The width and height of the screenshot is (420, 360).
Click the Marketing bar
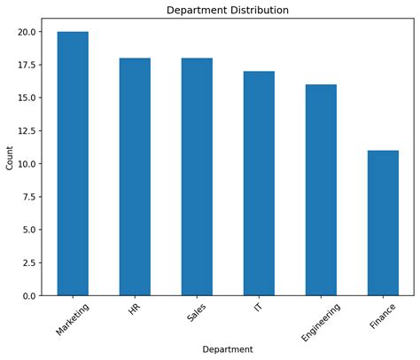tap(73, 163)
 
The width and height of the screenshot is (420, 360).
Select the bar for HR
tap(135, 176)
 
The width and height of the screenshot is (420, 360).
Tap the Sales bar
tap(197, 176)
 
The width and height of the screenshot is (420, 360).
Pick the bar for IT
tap(259, 184)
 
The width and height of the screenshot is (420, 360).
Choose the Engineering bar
tap(321, 190)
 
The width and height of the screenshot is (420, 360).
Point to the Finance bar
tap(383, 223)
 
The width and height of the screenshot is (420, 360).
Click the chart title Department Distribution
tap(228, 11)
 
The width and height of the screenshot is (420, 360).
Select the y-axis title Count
tap(10, 158)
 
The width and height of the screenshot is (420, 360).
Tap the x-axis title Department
tap(228, 349)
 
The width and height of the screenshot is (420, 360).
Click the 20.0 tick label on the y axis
tap(27, 32)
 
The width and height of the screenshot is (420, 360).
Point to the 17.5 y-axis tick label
tap(27, 65)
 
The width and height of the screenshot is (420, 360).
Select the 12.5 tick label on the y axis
tap(27, 130)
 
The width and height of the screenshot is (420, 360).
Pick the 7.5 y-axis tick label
tap(29, 197)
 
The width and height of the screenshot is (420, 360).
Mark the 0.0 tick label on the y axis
tap(29, 295)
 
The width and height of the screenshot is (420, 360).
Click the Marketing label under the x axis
tap(73, 319)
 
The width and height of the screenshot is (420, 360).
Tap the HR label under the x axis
tap(135, 309)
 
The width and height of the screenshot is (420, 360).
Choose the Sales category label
tap(196, 312)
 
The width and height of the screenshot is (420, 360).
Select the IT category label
tap(258, 307)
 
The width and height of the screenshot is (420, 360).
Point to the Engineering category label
tap(321, 322)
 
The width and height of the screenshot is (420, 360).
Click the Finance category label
tap(383, 316)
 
